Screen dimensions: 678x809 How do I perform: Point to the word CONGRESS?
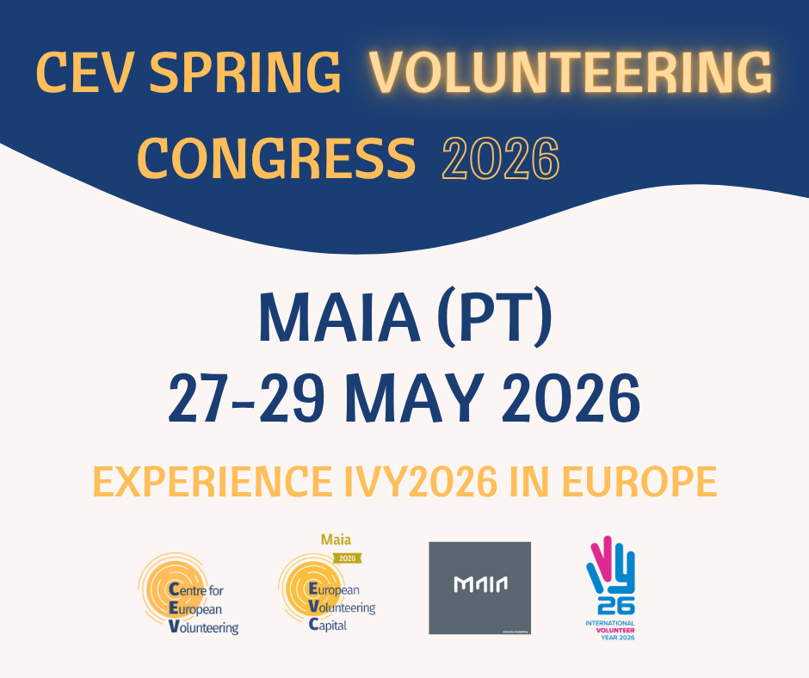coord(276,158)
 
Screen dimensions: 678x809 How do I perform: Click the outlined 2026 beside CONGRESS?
coord(500,158)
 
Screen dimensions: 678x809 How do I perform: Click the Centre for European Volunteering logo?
coord(188,594)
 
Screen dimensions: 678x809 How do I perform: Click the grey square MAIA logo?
coord(479,588)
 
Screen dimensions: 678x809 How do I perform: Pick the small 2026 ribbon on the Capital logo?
coord(347,558)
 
